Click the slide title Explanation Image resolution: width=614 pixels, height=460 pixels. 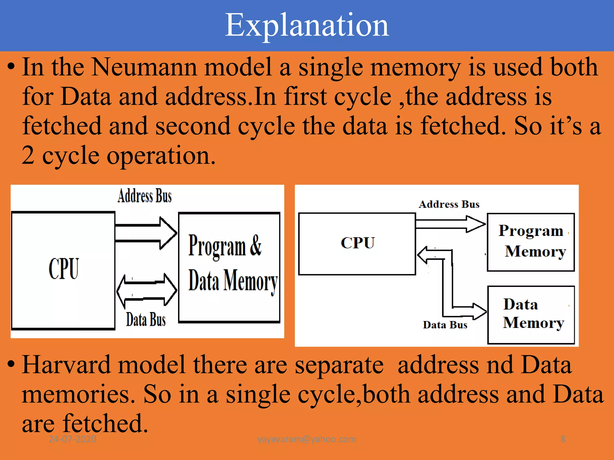[x=307, y=25]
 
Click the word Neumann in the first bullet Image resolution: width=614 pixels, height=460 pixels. [x=144, y=67]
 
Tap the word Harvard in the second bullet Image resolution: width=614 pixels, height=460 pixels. [x=66, y=365]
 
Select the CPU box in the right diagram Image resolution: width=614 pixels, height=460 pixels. [x=357, y=243]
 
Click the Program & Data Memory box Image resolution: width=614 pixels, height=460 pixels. [x=229, y=267]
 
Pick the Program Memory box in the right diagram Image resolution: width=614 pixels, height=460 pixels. [x=531, y=242]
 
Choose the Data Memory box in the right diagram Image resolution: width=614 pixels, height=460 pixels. [x=531, y=314]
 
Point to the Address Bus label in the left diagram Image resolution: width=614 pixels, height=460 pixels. [x=145, y=196]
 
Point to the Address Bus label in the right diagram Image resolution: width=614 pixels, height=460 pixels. [x=449, y=204]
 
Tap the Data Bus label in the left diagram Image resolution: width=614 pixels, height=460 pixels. [x=146, y=320]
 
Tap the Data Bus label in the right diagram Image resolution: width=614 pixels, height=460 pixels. [x=445, y=325]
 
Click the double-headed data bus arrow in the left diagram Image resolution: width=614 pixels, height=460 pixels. [x=147, y=290]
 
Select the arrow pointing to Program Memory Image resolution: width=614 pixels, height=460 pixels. [x=450, y=224]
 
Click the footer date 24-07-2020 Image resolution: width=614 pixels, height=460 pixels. [x=72, y=439]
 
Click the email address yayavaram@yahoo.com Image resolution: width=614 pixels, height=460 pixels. [x=307, y=439]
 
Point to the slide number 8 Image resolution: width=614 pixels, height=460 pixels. [x=563, y=439]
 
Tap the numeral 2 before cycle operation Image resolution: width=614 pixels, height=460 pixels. [x=28, y=155]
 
